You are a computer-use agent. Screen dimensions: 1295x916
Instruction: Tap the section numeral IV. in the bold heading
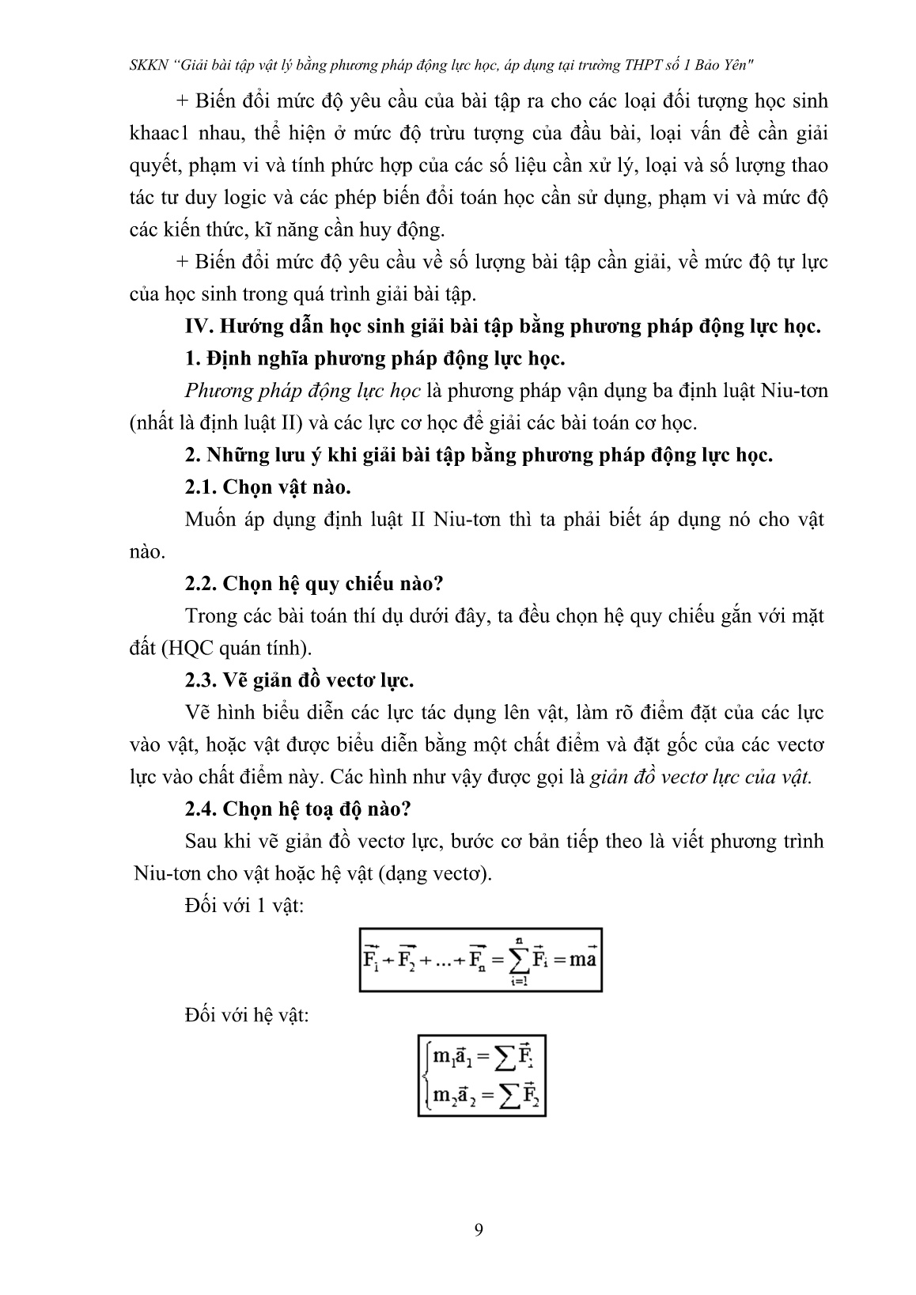pos(195,327)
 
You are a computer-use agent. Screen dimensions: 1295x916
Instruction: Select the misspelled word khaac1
pos(157,134)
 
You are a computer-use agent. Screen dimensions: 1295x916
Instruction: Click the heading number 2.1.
pos(200,487)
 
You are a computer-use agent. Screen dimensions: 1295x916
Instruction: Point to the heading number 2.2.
pos(200,584)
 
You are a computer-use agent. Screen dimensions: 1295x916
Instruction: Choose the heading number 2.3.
pos(200,680)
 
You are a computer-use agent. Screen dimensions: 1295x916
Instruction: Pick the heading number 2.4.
pos(200,809)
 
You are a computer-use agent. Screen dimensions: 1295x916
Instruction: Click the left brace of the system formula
pos(426,1077)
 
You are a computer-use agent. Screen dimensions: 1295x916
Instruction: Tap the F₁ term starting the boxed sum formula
pos(371,960)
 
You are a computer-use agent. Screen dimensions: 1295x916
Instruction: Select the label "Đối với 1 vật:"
pos(244,906)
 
